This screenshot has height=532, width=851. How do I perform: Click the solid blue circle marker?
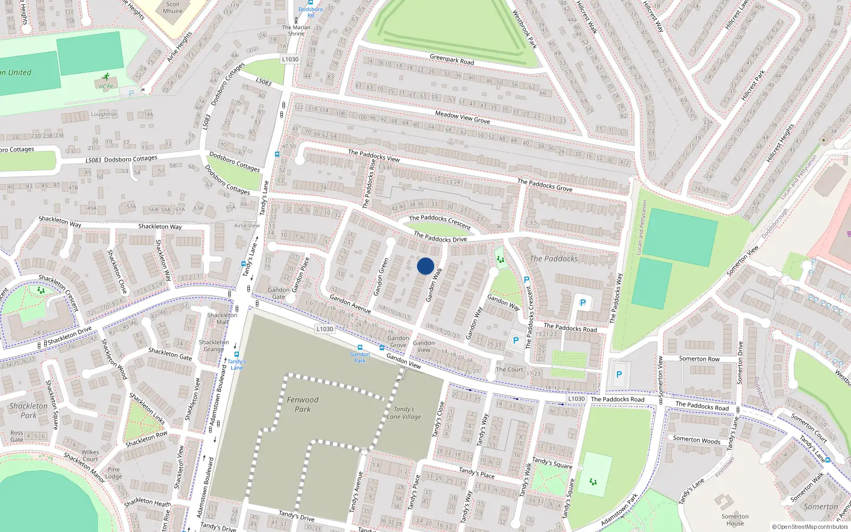point(425,266)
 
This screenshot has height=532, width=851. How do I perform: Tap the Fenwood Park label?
point(303,404)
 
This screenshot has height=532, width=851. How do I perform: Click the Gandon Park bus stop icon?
point(360,347)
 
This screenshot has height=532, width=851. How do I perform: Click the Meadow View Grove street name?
point(462,117)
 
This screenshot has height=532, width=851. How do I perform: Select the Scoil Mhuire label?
point(172,7)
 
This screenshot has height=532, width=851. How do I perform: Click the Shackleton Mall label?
point(222,318)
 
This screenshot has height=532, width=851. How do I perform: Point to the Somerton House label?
point(735,520)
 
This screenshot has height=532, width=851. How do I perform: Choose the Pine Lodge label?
point(114,473)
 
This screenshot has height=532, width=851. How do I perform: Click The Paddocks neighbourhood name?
point(554,259)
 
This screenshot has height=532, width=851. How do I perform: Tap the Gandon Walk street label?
point(434,285)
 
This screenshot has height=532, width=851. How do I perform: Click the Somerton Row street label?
point(699,359)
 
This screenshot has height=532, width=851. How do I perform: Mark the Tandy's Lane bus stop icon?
point(237,354)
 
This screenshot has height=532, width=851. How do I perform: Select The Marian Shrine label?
point(296,30)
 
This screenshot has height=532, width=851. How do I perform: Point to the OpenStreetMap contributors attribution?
point(810,527)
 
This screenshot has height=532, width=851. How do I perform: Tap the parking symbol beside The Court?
point(515,340)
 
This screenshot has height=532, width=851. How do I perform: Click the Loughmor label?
point(104,114)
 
